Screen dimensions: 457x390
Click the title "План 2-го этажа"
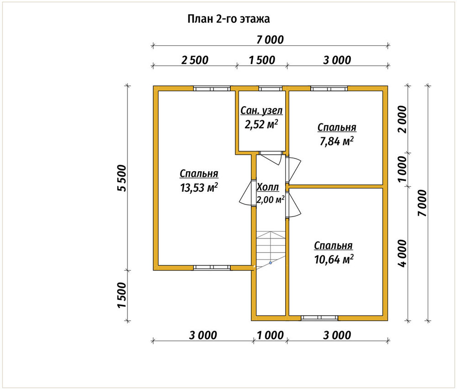(228, 19)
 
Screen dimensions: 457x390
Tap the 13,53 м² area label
(199, 187)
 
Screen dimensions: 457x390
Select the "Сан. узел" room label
(261, 111)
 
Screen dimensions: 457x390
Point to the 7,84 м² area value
(337, 141)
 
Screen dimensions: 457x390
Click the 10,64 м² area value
(334, 259)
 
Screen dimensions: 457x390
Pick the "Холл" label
(267, 187)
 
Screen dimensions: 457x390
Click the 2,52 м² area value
(261, 125)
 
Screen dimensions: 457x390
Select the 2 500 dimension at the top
(195, 60)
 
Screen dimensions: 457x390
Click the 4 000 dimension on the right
(403, 254)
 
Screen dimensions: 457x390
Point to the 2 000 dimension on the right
(403, 119)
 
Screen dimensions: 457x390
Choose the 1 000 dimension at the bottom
(270, 336)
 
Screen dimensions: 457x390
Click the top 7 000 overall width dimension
(270, 40)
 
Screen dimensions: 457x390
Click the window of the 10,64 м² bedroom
(319, 318)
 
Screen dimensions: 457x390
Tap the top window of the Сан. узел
(271, 88)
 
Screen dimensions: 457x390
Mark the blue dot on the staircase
(271, 263)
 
